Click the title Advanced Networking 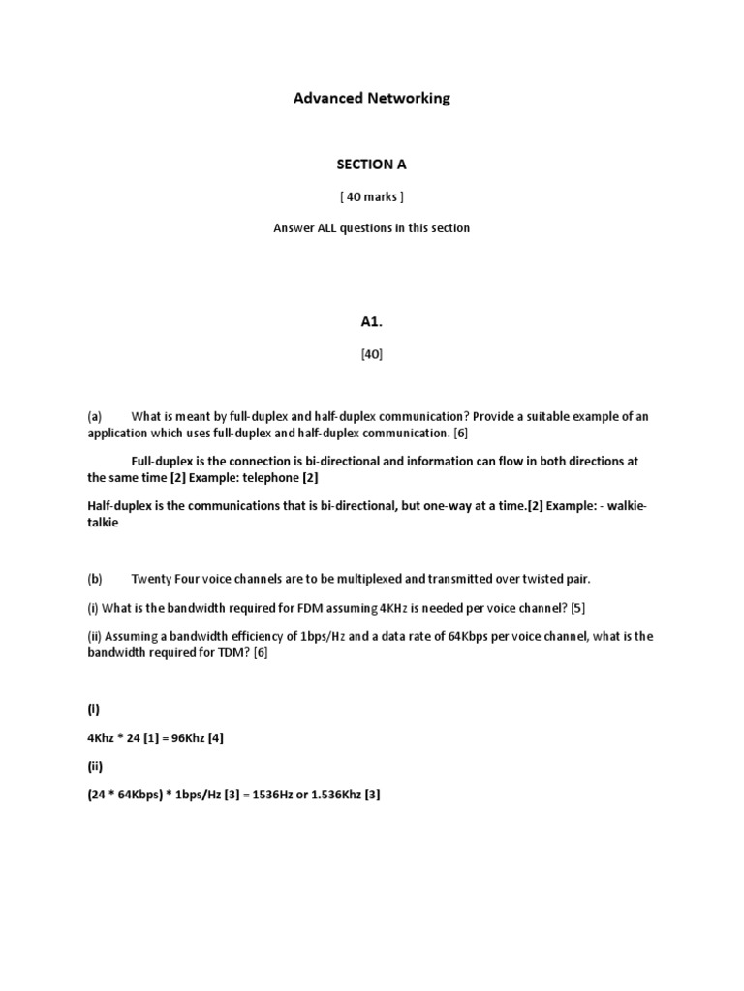[372, 98]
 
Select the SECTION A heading [372, 165]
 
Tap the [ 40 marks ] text [372, 196]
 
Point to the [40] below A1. [372, 354]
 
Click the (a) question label [94, 416]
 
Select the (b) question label [94, 579]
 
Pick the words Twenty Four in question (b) [165, 579]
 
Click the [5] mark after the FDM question [577, 607]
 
